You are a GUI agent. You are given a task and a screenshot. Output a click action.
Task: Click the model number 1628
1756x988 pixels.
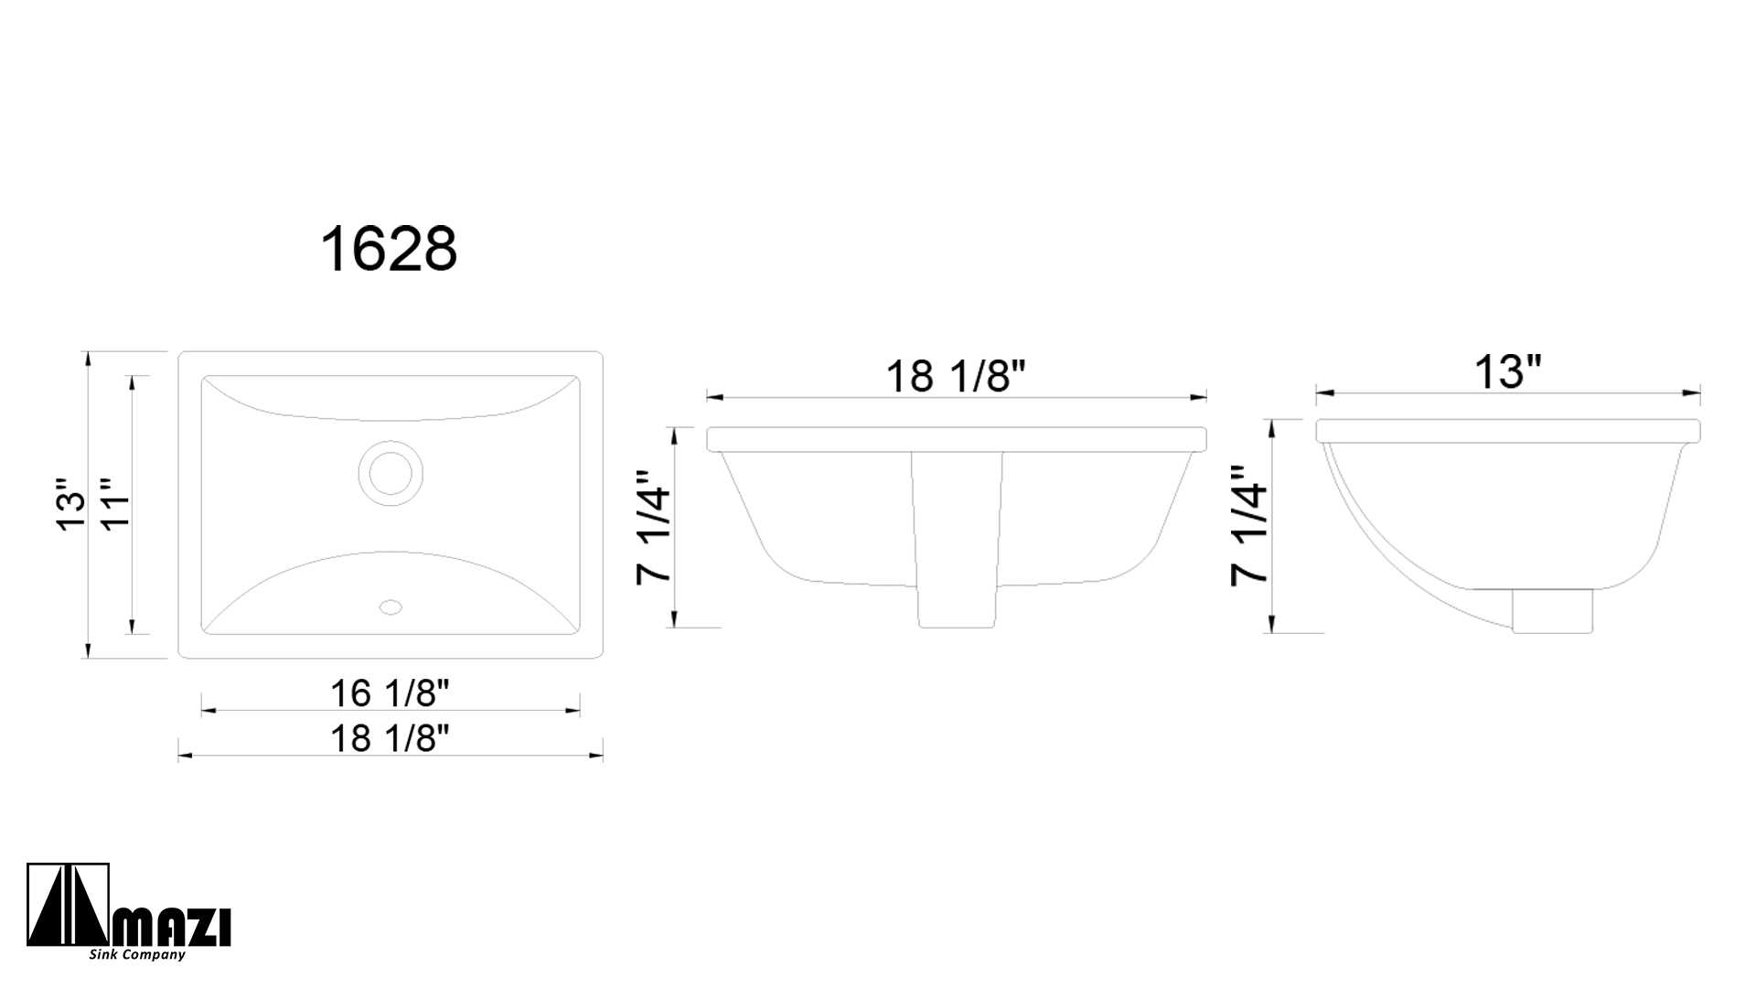[x=389, y=250]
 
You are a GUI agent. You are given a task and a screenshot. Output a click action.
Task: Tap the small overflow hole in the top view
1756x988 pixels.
[x=391, y=607]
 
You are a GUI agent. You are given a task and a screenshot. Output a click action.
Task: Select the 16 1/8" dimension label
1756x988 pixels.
[x=391, y=693]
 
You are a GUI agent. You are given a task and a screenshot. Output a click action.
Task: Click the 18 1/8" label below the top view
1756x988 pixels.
[x=391, y=737]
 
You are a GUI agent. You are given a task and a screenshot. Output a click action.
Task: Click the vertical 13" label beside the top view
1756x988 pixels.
[x=71, y=504]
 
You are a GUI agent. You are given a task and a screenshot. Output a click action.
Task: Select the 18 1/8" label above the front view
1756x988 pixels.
[x=956, y=376]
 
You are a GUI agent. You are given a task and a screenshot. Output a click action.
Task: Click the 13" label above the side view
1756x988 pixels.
[x=1508, y=371]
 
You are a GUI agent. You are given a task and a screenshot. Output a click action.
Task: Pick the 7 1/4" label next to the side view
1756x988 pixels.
[x=1249, y=525]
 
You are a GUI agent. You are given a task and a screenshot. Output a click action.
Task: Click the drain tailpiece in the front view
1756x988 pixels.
[x=957, y=549]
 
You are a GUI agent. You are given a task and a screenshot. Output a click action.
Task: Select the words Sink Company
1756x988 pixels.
[x=137, y=955]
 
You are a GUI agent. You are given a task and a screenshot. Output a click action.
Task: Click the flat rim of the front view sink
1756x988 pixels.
[x=956, y=439]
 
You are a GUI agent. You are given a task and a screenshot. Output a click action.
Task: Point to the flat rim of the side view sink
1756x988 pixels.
[x=1508, y=431]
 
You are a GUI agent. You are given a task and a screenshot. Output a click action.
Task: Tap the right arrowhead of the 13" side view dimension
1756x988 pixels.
[x=1695, y=393]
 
